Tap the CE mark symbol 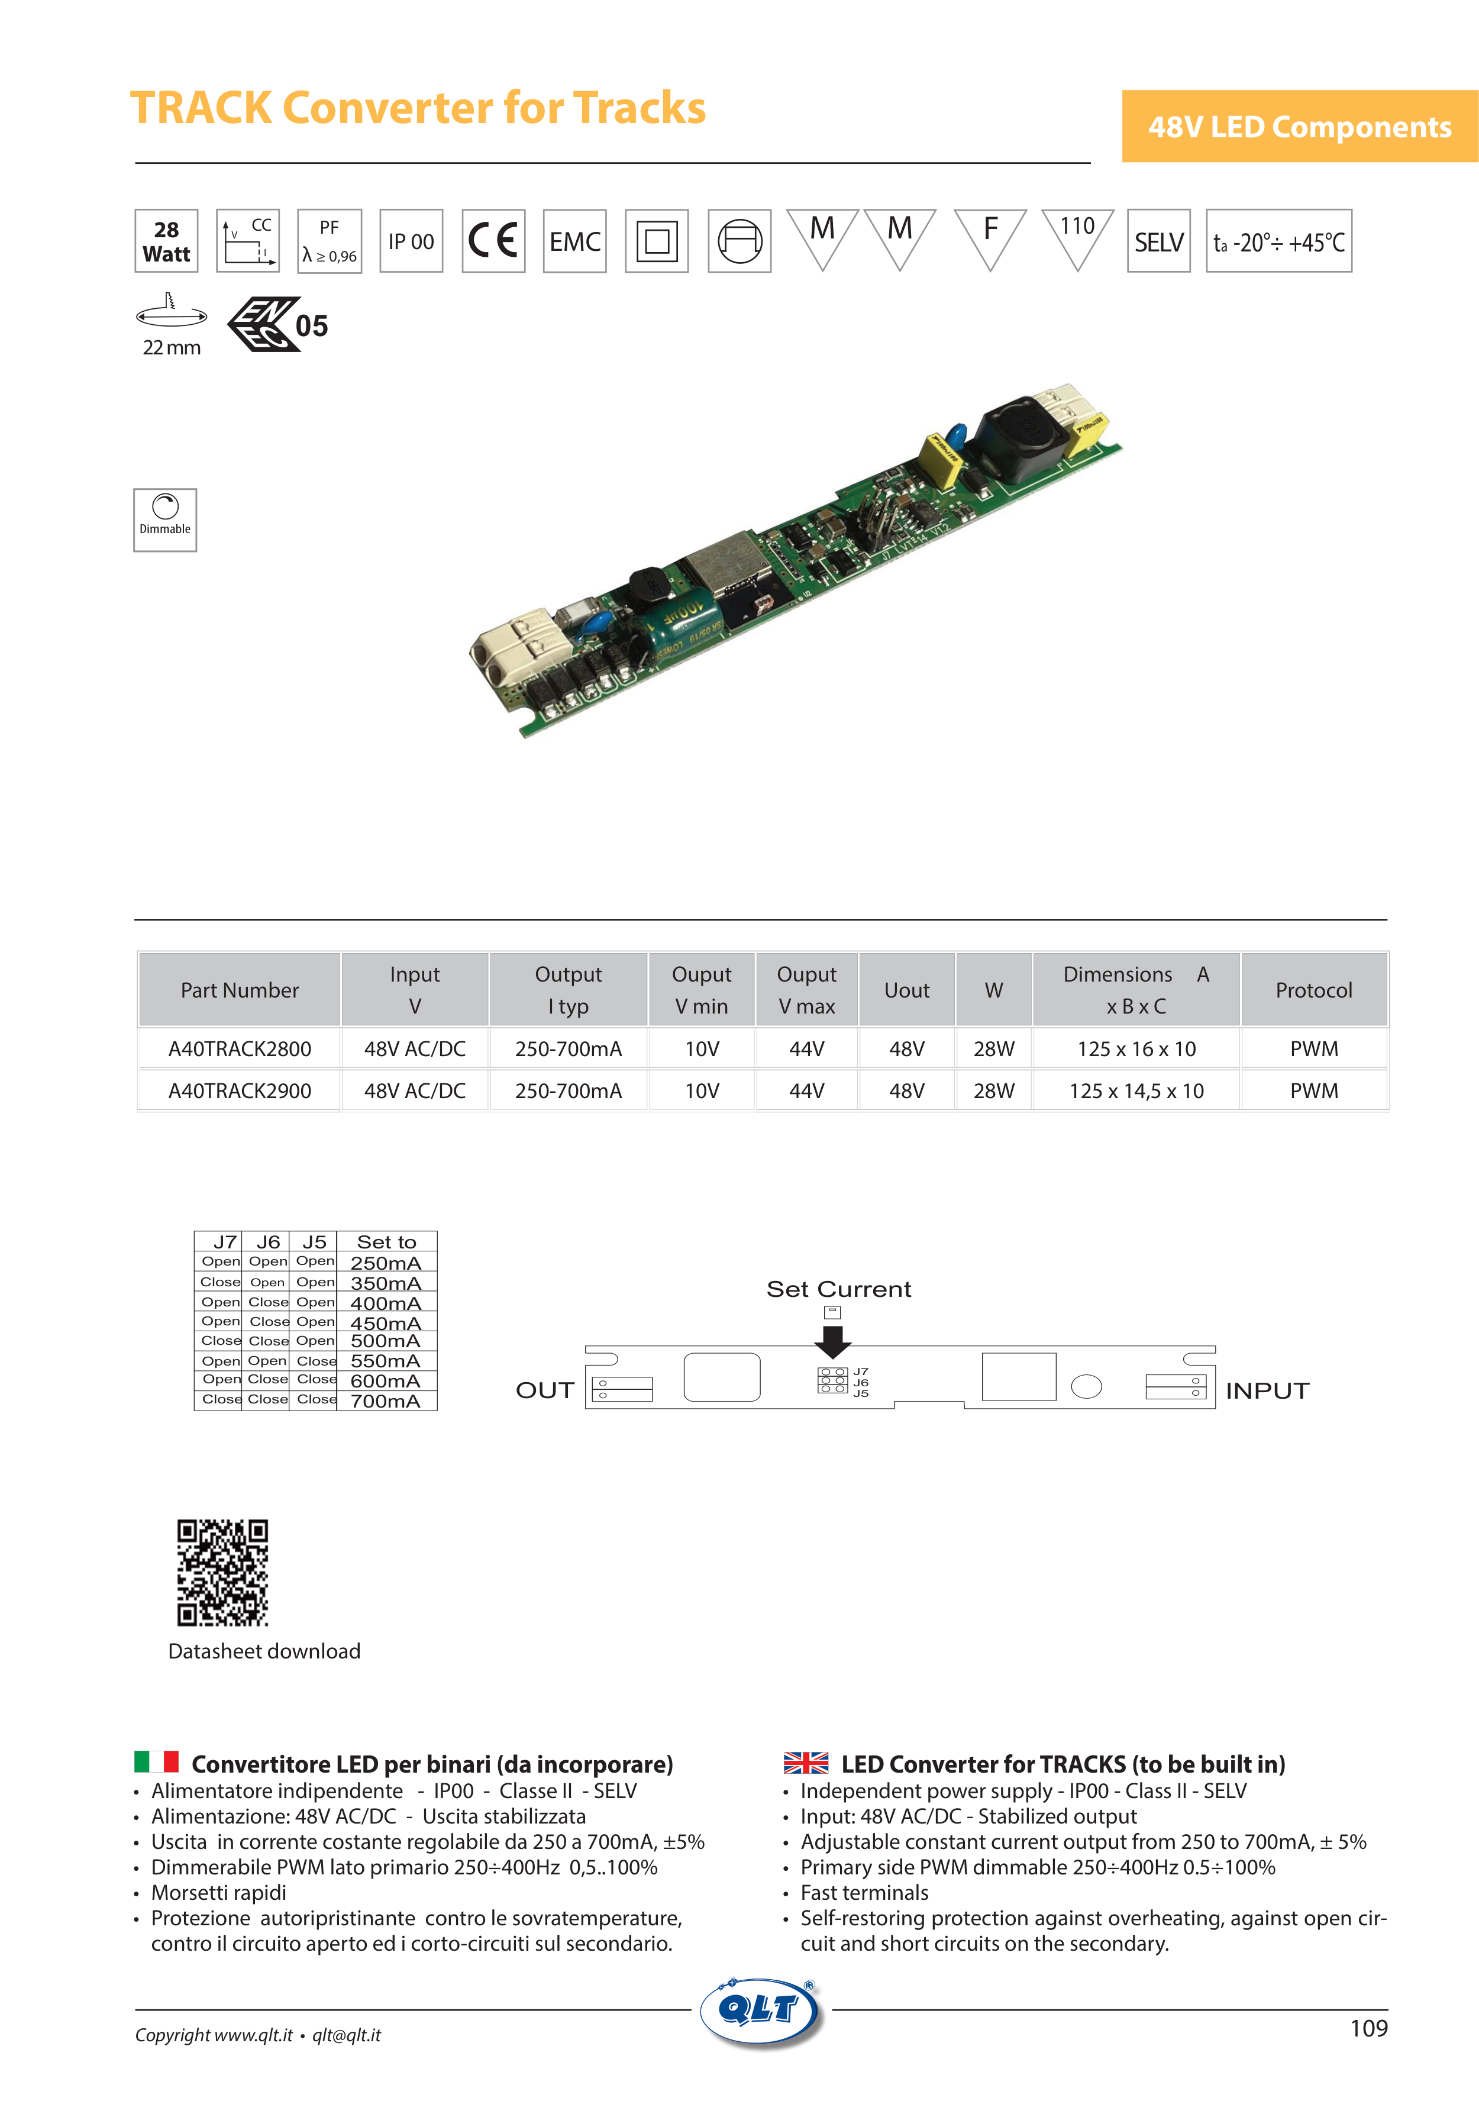pyautogui.click(x=493, y=241)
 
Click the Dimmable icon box pyautogui.click(x=164, y=519)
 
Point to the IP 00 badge pyautogui.click(x=411, y=241)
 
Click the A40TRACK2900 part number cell pyautogui.click(x=240, y=1091)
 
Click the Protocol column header pyautogui.click(x=1313, y=990)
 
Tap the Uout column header pyautogui.click(x=906, y=990)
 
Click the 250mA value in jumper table pyautogui.click(x=385, y=1263)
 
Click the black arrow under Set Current pyautogui.click(x=832, y=1341)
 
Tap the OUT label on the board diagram pyautogui.click(x=544, y=1390)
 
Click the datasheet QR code pyautogui.click(x=222, y=1572)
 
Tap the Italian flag pyautogui.click(x=156, y=1761)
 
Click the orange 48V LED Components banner pyautogui.click(x=1300, y=126)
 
